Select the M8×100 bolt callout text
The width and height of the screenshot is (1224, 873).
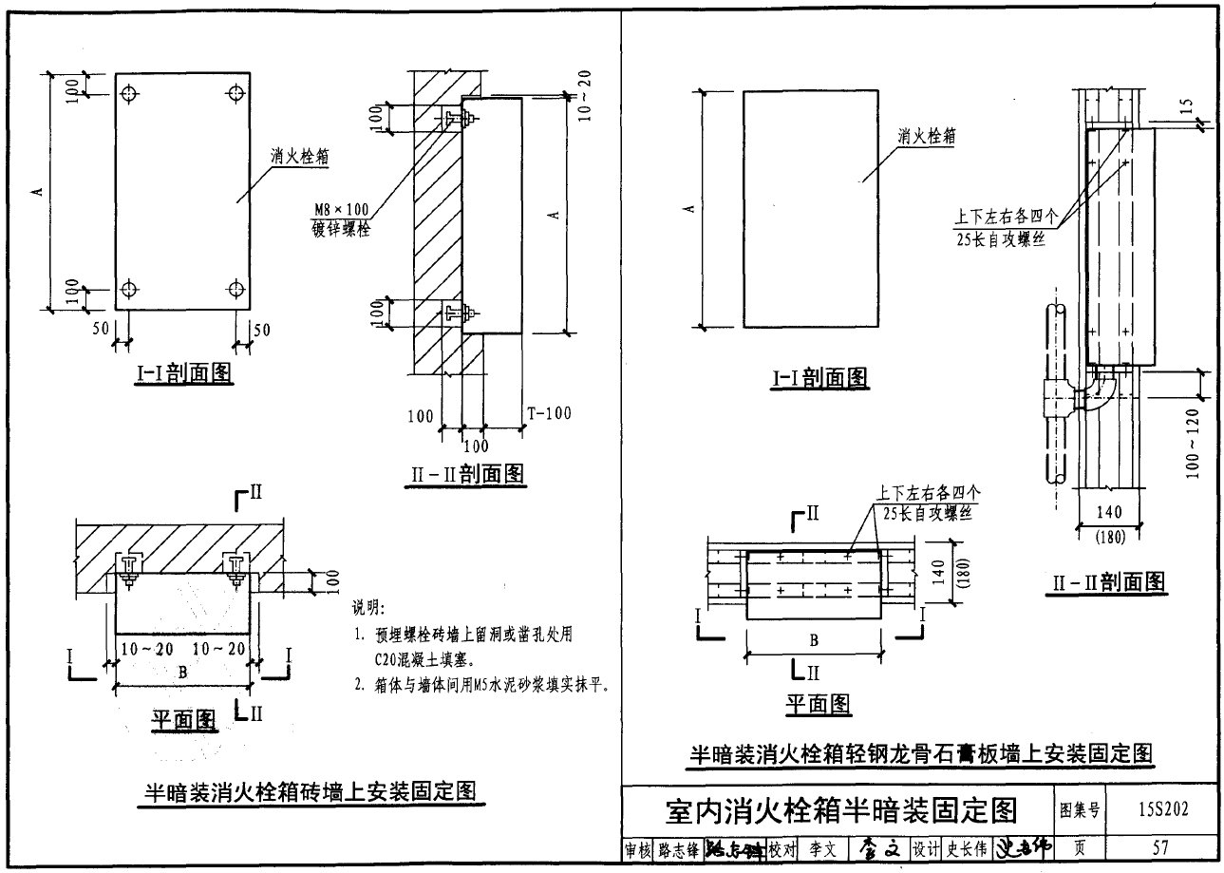tap(339, 210)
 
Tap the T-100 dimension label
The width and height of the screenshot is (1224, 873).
tap(549, 413)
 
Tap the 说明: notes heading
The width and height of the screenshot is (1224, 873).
tap(365, 608)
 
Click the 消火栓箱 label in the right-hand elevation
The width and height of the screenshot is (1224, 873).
tap(926, 137)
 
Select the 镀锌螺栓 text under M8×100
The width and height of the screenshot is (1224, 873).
tap(339, 229)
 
